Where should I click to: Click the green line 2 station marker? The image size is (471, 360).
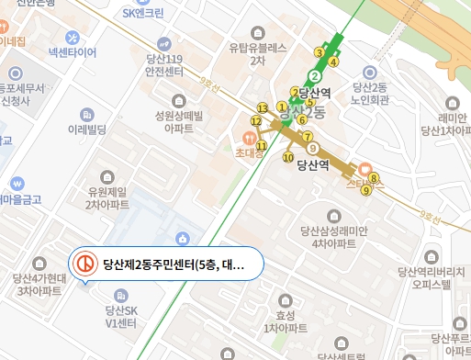click(x=314, y=76)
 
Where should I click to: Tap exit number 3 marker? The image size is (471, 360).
click(x=319, y=51)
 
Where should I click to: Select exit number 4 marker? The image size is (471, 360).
click(x=334, y=62)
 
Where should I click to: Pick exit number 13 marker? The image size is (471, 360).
click(x=263, y=108)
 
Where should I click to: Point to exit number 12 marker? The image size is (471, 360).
click(x=256, y=121)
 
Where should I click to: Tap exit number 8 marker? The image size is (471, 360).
click(x=374, y=178)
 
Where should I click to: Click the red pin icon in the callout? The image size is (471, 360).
click(x=84, y=264)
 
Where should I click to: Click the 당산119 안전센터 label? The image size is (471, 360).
click(x=165, y=63)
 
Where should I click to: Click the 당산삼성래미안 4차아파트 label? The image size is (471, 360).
click(x=333, y=237)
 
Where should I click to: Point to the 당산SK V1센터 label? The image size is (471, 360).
click(x=119, y=317)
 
